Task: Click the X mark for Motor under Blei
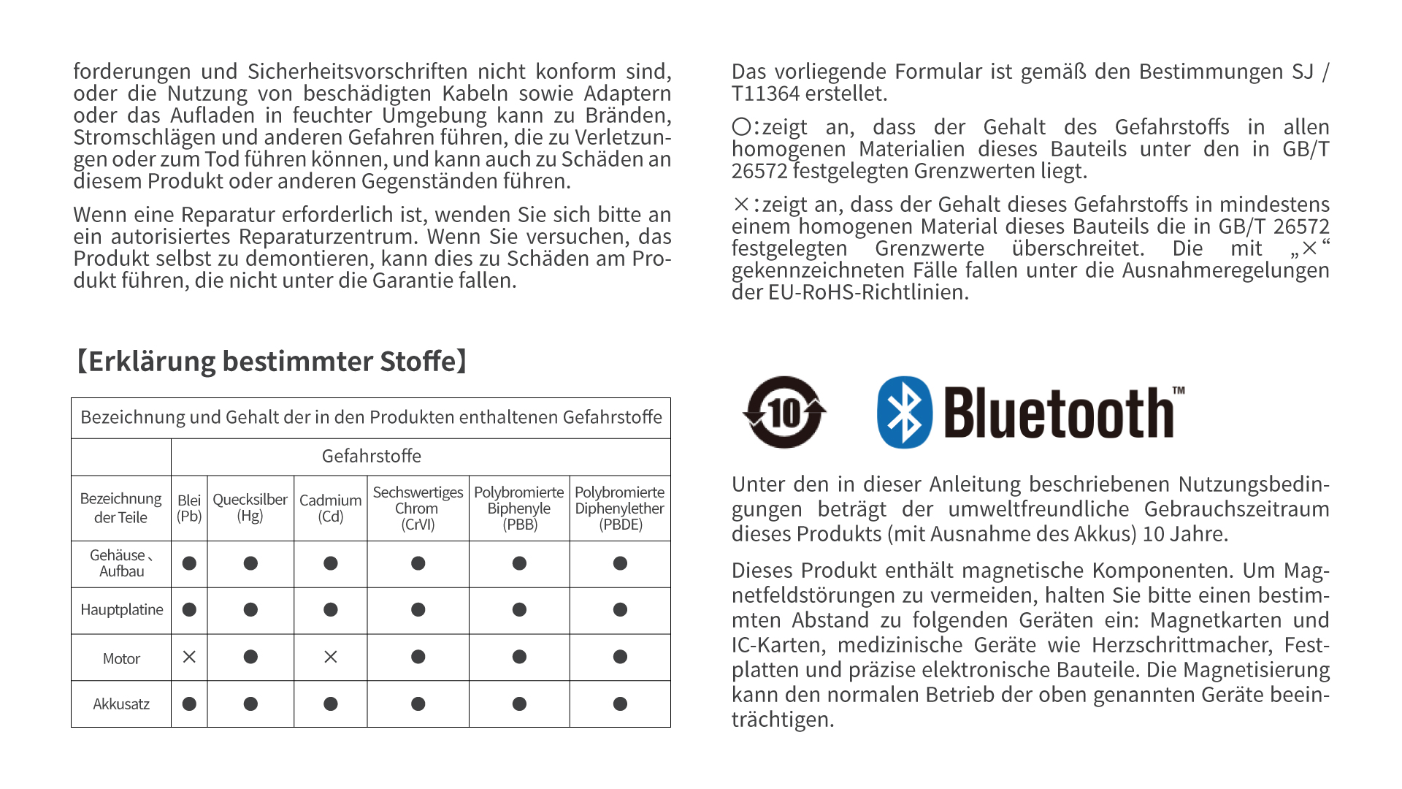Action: tap(189, 657)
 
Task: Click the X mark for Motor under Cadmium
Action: tap(330, 657)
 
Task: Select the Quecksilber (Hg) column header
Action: tap(250, 508)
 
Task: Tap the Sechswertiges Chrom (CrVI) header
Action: tap(418, 508)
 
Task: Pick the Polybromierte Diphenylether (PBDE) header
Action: tap(620, 508)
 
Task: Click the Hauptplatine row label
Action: tap(121, 610)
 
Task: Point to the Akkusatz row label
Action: tap(121, 704)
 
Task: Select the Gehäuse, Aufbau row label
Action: tap(121, 563)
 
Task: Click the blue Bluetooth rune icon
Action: tap(904, 412)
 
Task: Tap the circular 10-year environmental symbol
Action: tap(784, 412)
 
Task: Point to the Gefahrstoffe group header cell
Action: tap(372, 457)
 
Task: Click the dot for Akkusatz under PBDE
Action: tap(620, 704)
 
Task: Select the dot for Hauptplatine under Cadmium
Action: tap(330, 610)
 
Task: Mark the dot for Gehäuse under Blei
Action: tap(189, 563)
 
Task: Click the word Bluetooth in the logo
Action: tap(1059, 413)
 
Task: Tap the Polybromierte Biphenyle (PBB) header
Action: tap(519, 508)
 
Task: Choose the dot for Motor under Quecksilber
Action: tap(250, 657)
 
